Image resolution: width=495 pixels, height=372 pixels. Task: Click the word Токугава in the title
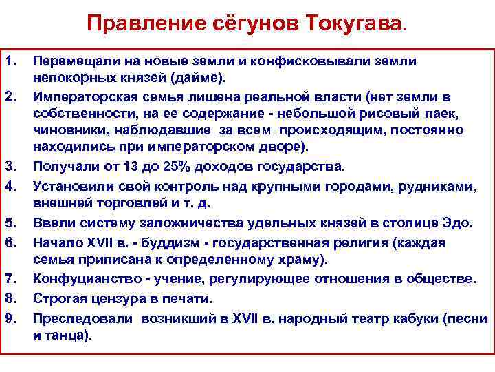click(358, 25)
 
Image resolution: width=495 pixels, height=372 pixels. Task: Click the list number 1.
click(11, 61)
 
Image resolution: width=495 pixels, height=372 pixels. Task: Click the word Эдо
click(459, 223)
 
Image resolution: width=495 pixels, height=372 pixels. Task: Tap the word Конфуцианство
click(80, 278)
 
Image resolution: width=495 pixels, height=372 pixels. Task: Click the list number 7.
click(11, 278)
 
